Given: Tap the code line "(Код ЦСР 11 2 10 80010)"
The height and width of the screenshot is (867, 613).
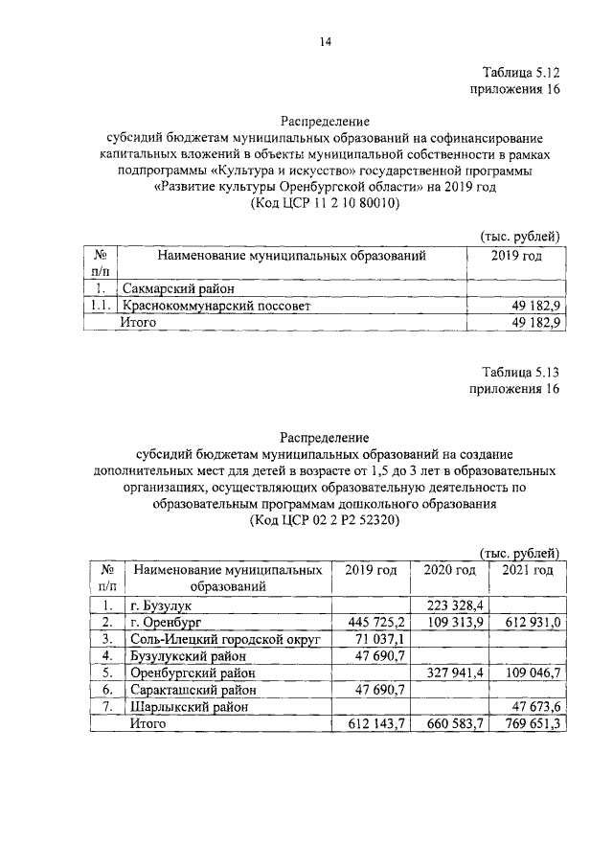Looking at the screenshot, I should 325,204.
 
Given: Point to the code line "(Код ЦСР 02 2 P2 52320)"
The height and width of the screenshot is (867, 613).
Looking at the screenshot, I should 325,519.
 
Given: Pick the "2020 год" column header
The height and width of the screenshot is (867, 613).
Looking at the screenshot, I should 449,570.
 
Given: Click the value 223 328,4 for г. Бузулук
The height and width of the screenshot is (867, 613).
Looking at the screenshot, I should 457,605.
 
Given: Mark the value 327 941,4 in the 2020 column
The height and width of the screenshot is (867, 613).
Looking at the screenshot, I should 457,673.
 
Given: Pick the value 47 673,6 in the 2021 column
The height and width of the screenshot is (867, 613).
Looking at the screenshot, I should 533,707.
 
